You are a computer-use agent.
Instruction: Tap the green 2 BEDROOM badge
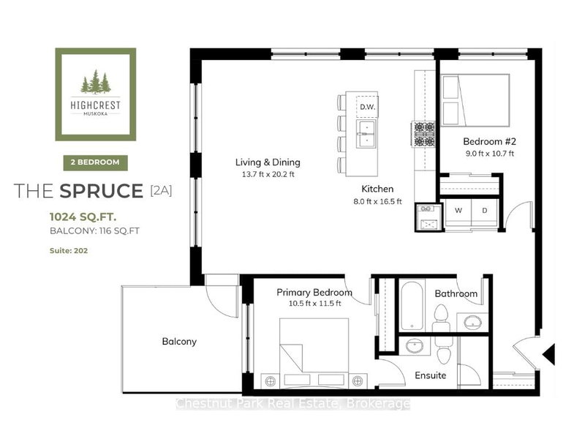coord(96,162)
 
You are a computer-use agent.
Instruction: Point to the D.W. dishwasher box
coord(367,108)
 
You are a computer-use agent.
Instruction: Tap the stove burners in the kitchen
coord(423,132)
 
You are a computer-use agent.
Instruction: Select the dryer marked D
coord(483,209)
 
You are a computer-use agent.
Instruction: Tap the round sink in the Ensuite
coord(415,346)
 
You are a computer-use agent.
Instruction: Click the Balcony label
coord(179,341)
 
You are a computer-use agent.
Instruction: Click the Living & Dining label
coord(268,162)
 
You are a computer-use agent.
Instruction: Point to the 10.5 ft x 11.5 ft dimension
coord(314,304)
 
